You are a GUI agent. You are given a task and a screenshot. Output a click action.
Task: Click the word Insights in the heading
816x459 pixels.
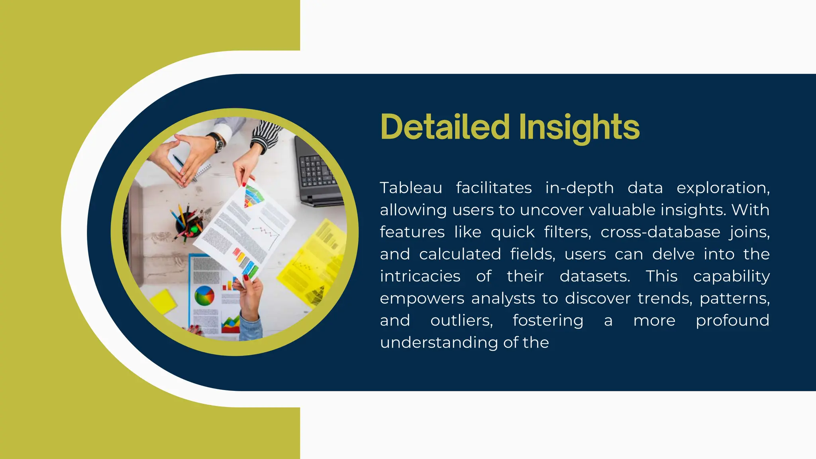coord(579,127)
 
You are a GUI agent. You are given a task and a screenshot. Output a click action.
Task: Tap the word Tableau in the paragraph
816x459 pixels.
coord(411,188)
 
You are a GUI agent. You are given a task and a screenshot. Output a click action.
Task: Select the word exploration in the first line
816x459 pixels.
coord(723,188)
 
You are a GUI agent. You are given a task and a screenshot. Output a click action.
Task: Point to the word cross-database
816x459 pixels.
coord(660,232)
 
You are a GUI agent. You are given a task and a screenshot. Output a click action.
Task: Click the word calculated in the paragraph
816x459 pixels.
coord(460,254)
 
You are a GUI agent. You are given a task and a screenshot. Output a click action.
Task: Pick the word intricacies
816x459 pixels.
coord(420,276)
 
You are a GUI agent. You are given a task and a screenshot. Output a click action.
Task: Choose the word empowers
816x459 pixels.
coord(422,298)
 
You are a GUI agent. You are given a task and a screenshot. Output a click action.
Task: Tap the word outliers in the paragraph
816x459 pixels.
coord(461,320)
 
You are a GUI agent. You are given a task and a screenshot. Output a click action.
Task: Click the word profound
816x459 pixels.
coord(732,320)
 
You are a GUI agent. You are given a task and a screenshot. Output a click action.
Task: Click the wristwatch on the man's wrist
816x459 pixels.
coord(218,142)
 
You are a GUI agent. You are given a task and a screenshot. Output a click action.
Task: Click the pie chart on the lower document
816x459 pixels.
coord(204,296)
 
